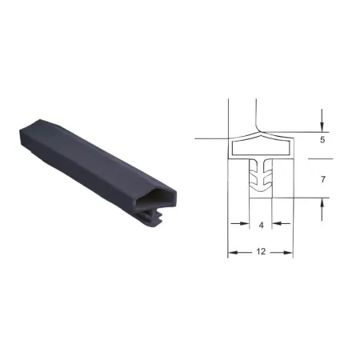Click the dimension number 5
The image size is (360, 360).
(x=322, y=140)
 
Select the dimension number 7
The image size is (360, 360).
(x=323, y=179)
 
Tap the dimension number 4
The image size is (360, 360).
(x=261, y=226)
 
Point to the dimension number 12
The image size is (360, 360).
(x=261, y=251)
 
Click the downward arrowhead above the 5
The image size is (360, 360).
(x=322, y=127)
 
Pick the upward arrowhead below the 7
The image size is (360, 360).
(x=322, y=203)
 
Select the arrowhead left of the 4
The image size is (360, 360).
(x=244, y=223)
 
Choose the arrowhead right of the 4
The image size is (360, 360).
(x=277, y=223)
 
